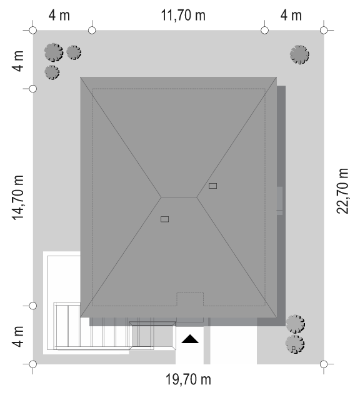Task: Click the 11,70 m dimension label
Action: (x=183, y=15)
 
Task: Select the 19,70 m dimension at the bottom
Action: (x=188, y=379)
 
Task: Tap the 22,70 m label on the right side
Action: (x=342, y=191)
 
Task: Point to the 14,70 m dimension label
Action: (x=18, y=197)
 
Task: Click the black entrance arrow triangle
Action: (x=190, y=339)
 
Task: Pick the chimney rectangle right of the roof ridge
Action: (x=212, y=186)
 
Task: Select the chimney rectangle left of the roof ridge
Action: (x=164, y=219)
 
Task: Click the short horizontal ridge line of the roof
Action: (x=179, y=197)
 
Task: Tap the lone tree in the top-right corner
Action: (x=299, y=54)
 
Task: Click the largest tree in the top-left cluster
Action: (x=54, y=52)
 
